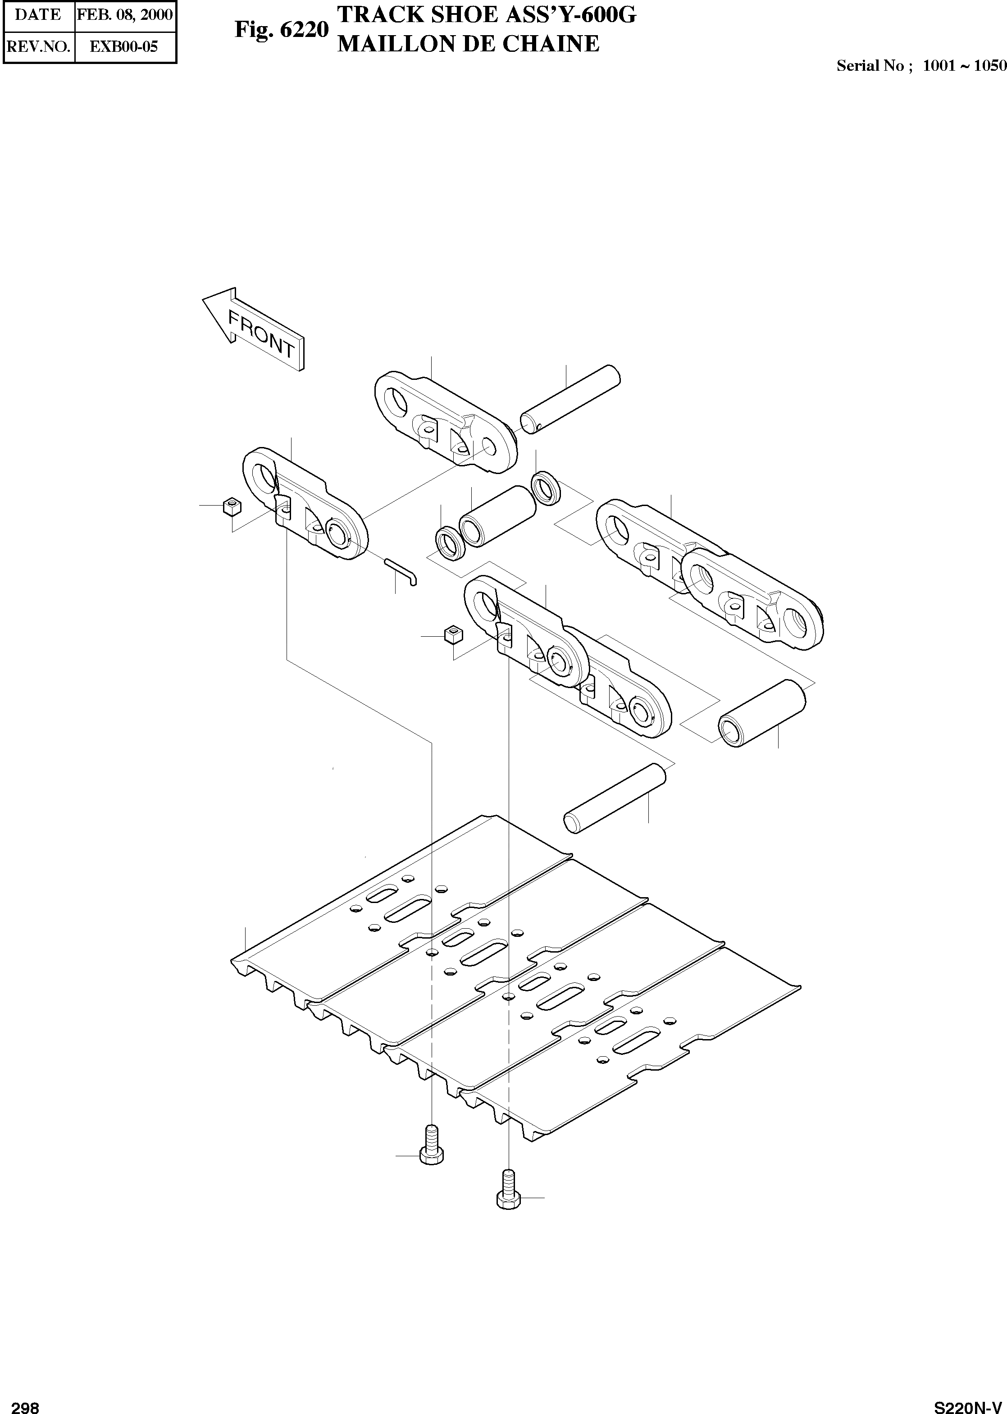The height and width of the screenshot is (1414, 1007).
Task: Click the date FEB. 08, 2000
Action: tap(125, 15)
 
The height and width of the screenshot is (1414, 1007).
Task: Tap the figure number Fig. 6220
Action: tap(281, 29)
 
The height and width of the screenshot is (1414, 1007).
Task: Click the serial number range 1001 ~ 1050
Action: tap(964, 66)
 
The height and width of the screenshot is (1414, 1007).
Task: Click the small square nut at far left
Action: tap(231, 506)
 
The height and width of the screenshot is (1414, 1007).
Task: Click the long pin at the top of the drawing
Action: tap(570, 399)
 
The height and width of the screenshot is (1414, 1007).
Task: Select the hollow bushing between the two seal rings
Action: tap(497, 515)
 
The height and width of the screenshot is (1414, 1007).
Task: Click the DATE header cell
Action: tap(38, 15)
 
